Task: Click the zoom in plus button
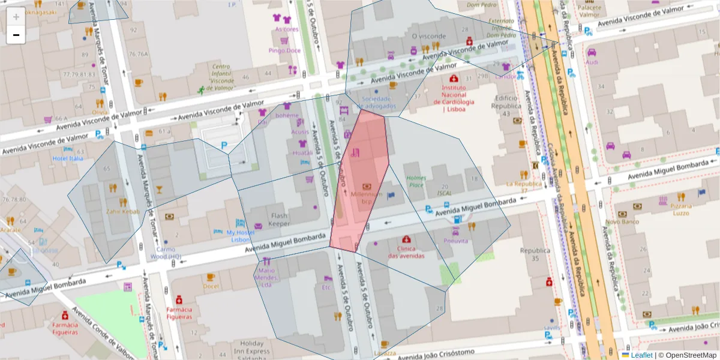pyautogui.click(x=16, y=17)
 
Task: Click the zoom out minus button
pyautogui.click(x=16, y=35)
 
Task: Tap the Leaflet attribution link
pyautogui.click(x=641, y=355)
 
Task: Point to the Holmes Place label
pyautogui.click(x=416, y=181)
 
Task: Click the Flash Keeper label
pyautogui.click(x=279, y=220)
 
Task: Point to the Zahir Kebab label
pyautogui.click(x=123, y=211)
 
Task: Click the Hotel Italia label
pyautogui.click(x=67, y=158)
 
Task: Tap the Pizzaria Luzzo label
pyautogui.click(x=680, y=209)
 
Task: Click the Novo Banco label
pyautogui.click(x=620, y=221)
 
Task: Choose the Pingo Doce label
pyautogui.click(x=284, y=50)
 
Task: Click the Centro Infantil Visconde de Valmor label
pyautogui.click(x=221, y=77)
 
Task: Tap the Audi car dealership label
pyautogui.click(x=592, y=62)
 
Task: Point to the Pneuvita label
pyautogui.click(x=455, y=240)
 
